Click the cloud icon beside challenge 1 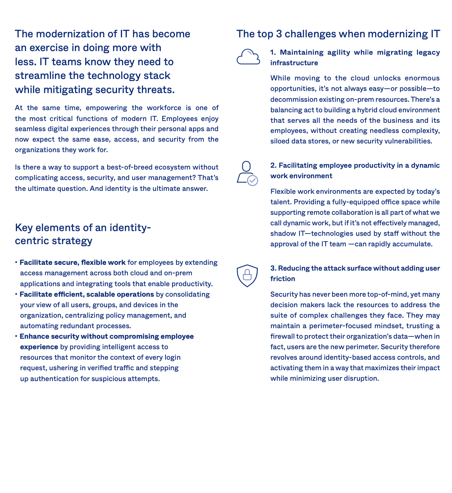coord(248,57)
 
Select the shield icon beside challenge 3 coord(247,276)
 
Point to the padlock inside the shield coord(247,275)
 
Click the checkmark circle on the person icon coord(252,180)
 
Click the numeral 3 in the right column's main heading coord(279,34)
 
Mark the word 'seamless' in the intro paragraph coord(29,129)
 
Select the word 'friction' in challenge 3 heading coord(282,279)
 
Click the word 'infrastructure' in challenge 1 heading coord(294,63)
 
